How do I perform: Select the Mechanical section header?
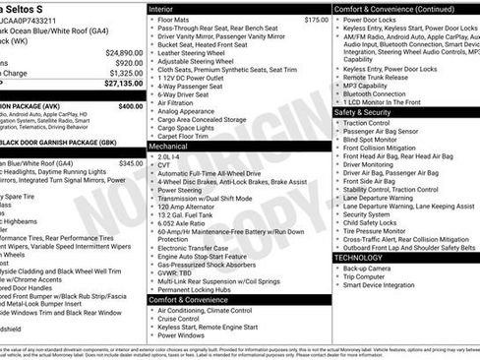coord(169,145)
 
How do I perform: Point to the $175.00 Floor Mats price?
coord(316,20)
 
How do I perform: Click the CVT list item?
coord(164,165)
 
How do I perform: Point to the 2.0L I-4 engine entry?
coord(169,155)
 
